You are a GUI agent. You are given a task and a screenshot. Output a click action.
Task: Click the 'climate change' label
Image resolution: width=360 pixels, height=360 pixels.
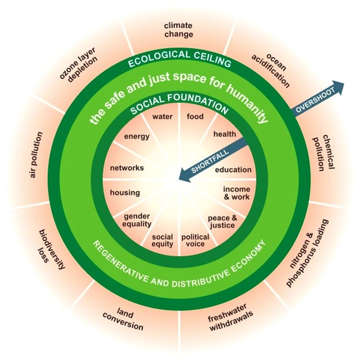click(x=179, y=30)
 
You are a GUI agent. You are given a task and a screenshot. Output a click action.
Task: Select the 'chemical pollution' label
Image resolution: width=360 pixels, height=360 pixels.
click(x=323, y=152)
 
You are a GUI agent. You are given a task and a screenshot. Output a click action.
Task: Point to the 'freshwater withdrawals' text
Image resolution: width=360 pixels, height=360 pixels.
click(x=230, y=318)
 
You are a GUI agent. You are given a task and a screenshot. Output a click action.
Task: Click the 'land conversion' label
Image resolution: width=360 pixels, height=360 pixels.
click(x=123, y=318)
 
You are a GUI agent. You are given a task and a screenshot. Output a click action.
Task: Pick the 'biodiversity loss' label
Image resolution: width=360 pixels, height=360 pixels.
click(x=51, y=249)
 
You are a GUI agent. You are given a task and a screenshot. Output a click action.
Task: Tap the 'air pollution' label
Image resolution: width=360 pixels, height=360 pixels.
click(x=36, y=155)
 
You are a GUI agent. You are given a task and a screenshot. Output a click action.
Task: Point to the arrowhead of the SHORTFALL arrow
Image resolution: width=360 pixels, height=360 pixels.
click(x=184, y=175)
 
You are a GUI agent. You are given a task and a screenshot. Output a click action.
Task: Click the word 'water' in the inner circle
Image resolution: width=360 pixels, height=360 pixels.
click(x=162, y=116)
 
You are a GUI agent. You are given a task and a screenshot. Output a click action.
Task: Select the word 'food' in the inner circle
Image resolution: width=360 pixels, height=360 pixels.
click(x=195, y=116)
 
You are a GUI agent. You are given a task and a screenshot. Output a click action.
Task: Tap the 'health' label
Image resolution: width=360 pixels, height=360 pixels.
click(x=224, y=134)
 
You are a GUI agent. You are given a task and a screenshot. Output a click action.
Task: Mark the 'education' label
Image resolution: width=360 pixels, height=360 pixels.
click(x=233, y=169)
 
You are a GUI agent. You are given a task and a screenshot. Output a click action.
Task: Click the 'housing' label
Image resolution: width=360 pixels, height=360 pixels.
click(x=125, y=192)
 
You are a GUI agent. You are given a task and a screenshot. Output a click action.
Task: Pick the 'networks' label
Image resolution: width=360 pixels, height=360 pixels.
click(x=127, y=168)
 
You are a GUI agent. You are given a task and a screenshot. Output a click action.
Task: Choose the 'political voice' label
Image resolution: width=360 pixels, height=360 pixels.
click(x=195, y=240)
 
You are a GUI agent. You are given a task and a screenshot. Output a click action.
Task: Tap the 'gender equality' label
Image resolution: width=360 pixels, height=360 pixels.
click(x=137, y=220)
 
